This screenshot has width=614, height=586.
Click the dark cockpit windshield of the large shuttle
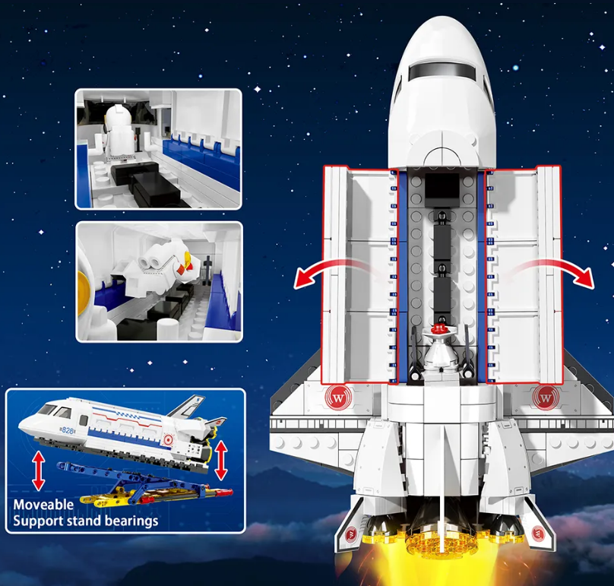[x=442, y=71]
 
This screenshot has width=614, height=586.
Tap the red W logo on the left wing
[x=337, y=398]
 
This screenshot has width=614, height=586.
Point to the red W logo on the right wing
[x=545, y=398]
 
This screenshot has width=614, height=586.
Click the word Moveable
[x=43, y=505]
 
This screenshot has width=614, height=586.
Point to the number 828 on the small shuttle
[x=68, y=430]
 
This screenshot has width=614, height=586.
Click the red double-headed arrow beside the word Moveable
[x=38, y=470]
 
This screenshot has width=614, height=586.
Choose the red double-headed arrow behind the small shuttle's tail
[x=221, y=461]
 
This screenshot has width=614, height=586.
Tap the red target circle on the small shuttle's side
[x=169, y=439]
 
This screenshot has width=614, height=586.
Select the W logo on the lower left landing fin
[x=350, y=534]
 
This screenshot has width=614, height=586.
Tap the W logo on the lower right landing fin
[x=538, y=534]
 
